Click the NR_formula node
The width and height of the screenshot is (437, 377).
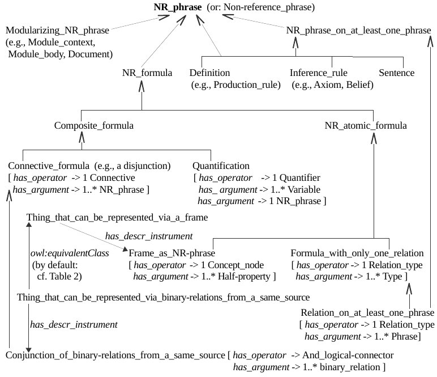pyautogui.click(x=147, y=73)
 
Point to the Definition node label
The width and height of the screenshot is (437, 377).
pyautogui.click(x=209, y=73)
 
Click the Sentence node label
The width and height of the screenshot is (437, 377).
pyautogui.click(x=396, y=73)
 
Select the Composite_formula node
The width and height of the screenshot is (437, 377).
pyautogui.click(x=93, y=125)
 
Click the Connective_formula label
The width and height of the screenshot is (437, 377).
pyautogui.click(x=48, y=166)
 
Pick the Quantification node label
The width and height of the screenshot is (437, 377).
pyautogui.click(x=220, y=166)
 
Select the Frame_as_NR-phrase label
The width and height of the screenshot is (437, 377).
pyautogui.click(x=171, y=252)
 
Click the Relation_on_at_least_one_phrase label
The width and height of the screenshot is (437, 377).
pyautogui.click(x=367, y=313)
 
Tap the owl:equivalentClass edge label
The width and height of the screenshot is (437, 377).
pyautogui.click(x=69, y=252)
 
